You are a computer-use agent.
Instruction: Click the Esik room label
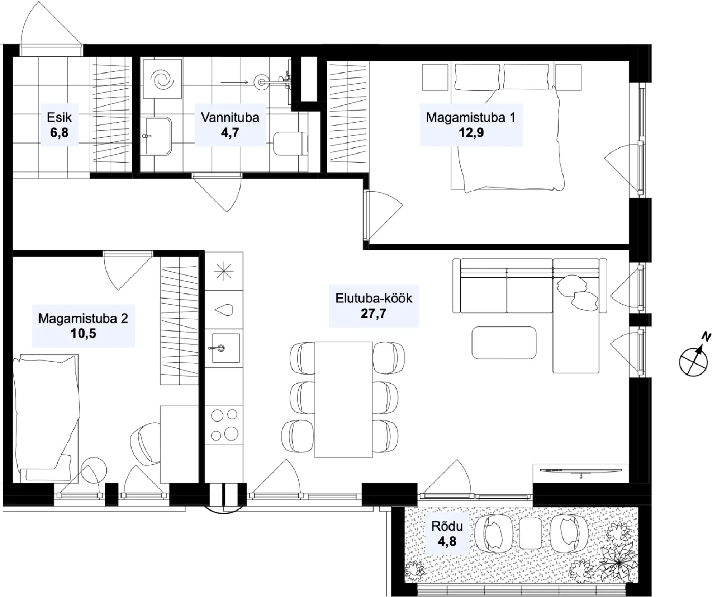[x=59, y=117]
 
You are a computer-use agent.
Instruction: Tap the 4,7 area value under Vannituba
[x=230, y=133]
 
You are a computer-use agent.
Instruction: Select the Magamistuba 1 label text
[x=471, y=117]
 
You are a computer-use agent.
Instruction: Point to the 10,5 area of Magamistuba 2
[x=83, y=334]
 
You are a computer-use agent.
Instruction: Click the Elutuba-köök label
[x=374, y=298]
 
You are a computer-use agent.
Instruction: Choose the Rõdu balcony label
[x=447, y=526]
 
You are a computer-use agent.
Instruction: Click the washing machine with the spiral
[x=162, y=79]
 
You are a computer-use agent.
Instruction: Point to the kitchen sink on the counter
[x=226, y=348]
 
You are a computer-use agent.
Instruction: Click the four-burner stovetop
[x=224, y=425]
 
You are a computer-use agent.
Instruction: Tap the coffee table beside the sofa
[x=504, y=343]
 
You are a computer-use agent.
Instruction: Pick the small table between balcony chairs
[x=530, y=533]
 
